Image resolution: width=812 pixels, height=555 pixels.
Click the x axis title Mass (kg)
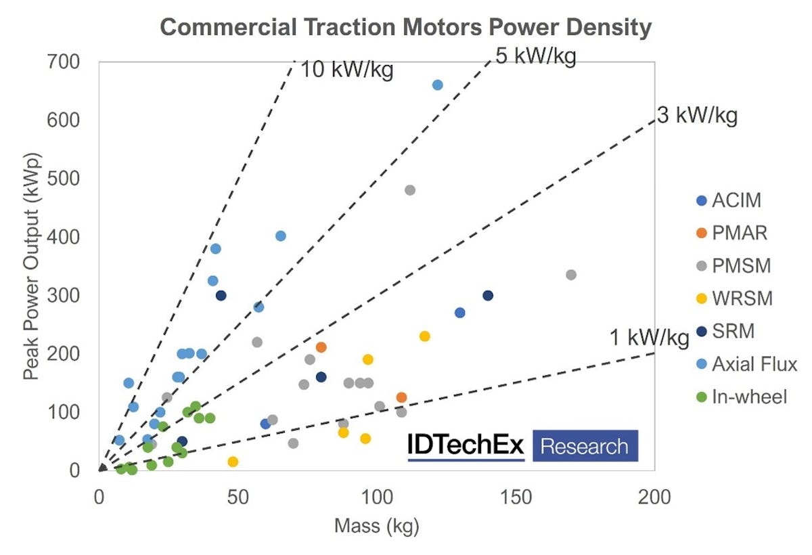376,525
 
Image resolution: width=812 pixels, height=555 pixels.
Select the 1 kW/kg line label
649,337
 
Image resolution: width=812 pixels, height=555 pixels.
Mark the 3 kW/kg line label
697,116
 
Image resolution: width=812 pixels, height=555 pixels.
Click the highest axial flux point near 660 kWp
437,85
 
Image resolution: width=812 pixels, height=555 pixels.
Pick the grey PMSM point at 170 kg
571,275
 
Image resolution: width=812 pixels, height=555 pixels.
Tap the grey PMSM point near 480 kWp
409,190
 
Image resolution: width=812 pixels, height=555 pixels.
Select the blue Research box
585,445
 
